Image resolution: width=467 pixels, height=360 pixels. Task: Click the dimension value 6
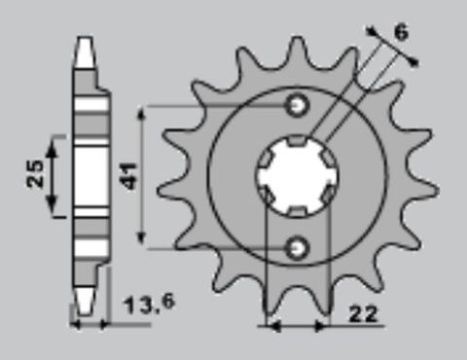[401, 33]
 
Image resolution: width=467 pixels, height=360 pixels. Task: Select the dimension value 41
[129, 174]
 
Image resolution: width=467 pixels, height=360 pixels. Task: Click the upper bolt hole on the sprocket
[298, 104]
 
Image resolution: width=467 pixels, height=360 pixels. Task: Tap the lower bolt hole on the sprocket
[298, 248]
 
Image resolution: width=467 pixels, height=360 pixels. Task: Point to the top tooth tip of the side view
[87, 42]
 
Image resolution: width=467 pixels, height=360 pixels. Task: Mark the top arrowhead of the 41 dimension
[144, 111]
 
